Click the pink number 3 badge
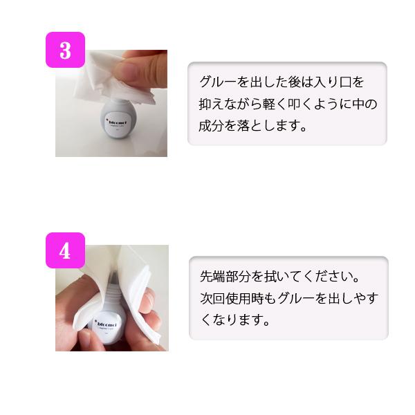coord(65,50)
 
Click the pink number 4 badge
coord(65,250)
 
